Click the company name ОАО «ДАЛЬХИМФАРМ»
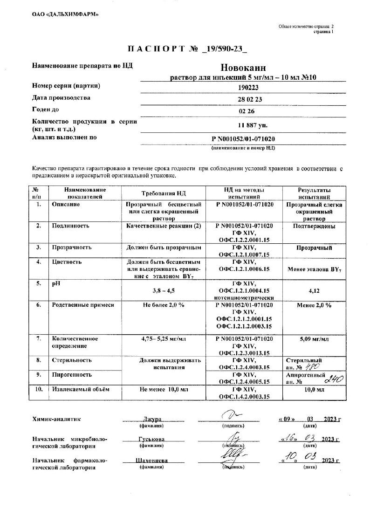click(x=65, y=14)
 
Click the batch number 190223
click(x=244, y=87)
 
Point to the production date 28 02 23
click(x=244, y=99)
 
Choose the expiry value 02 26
click(x=244, y=111)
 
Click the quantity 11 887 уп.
click(x=244, y=125)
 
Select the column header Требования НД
click(x=164, y=193)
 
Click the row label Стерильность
click(x=72, y=360)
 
